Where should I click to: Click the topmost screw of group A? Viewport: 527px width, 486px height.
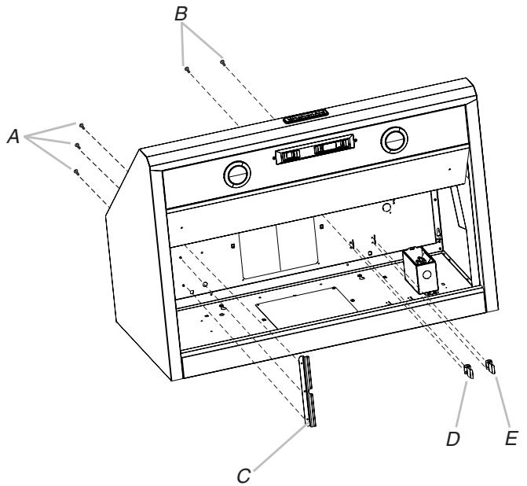click(80, 124)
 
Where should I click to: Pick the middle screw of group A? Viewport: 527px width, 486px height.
click(77, 145)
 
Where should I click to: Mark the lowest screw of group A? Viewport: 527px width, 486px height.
click(75, 171)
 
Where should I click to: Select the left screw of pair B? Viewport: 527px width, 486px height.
click(187, 68)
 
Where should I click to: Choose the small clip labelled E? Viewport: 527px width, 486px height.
click(492, 364)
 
